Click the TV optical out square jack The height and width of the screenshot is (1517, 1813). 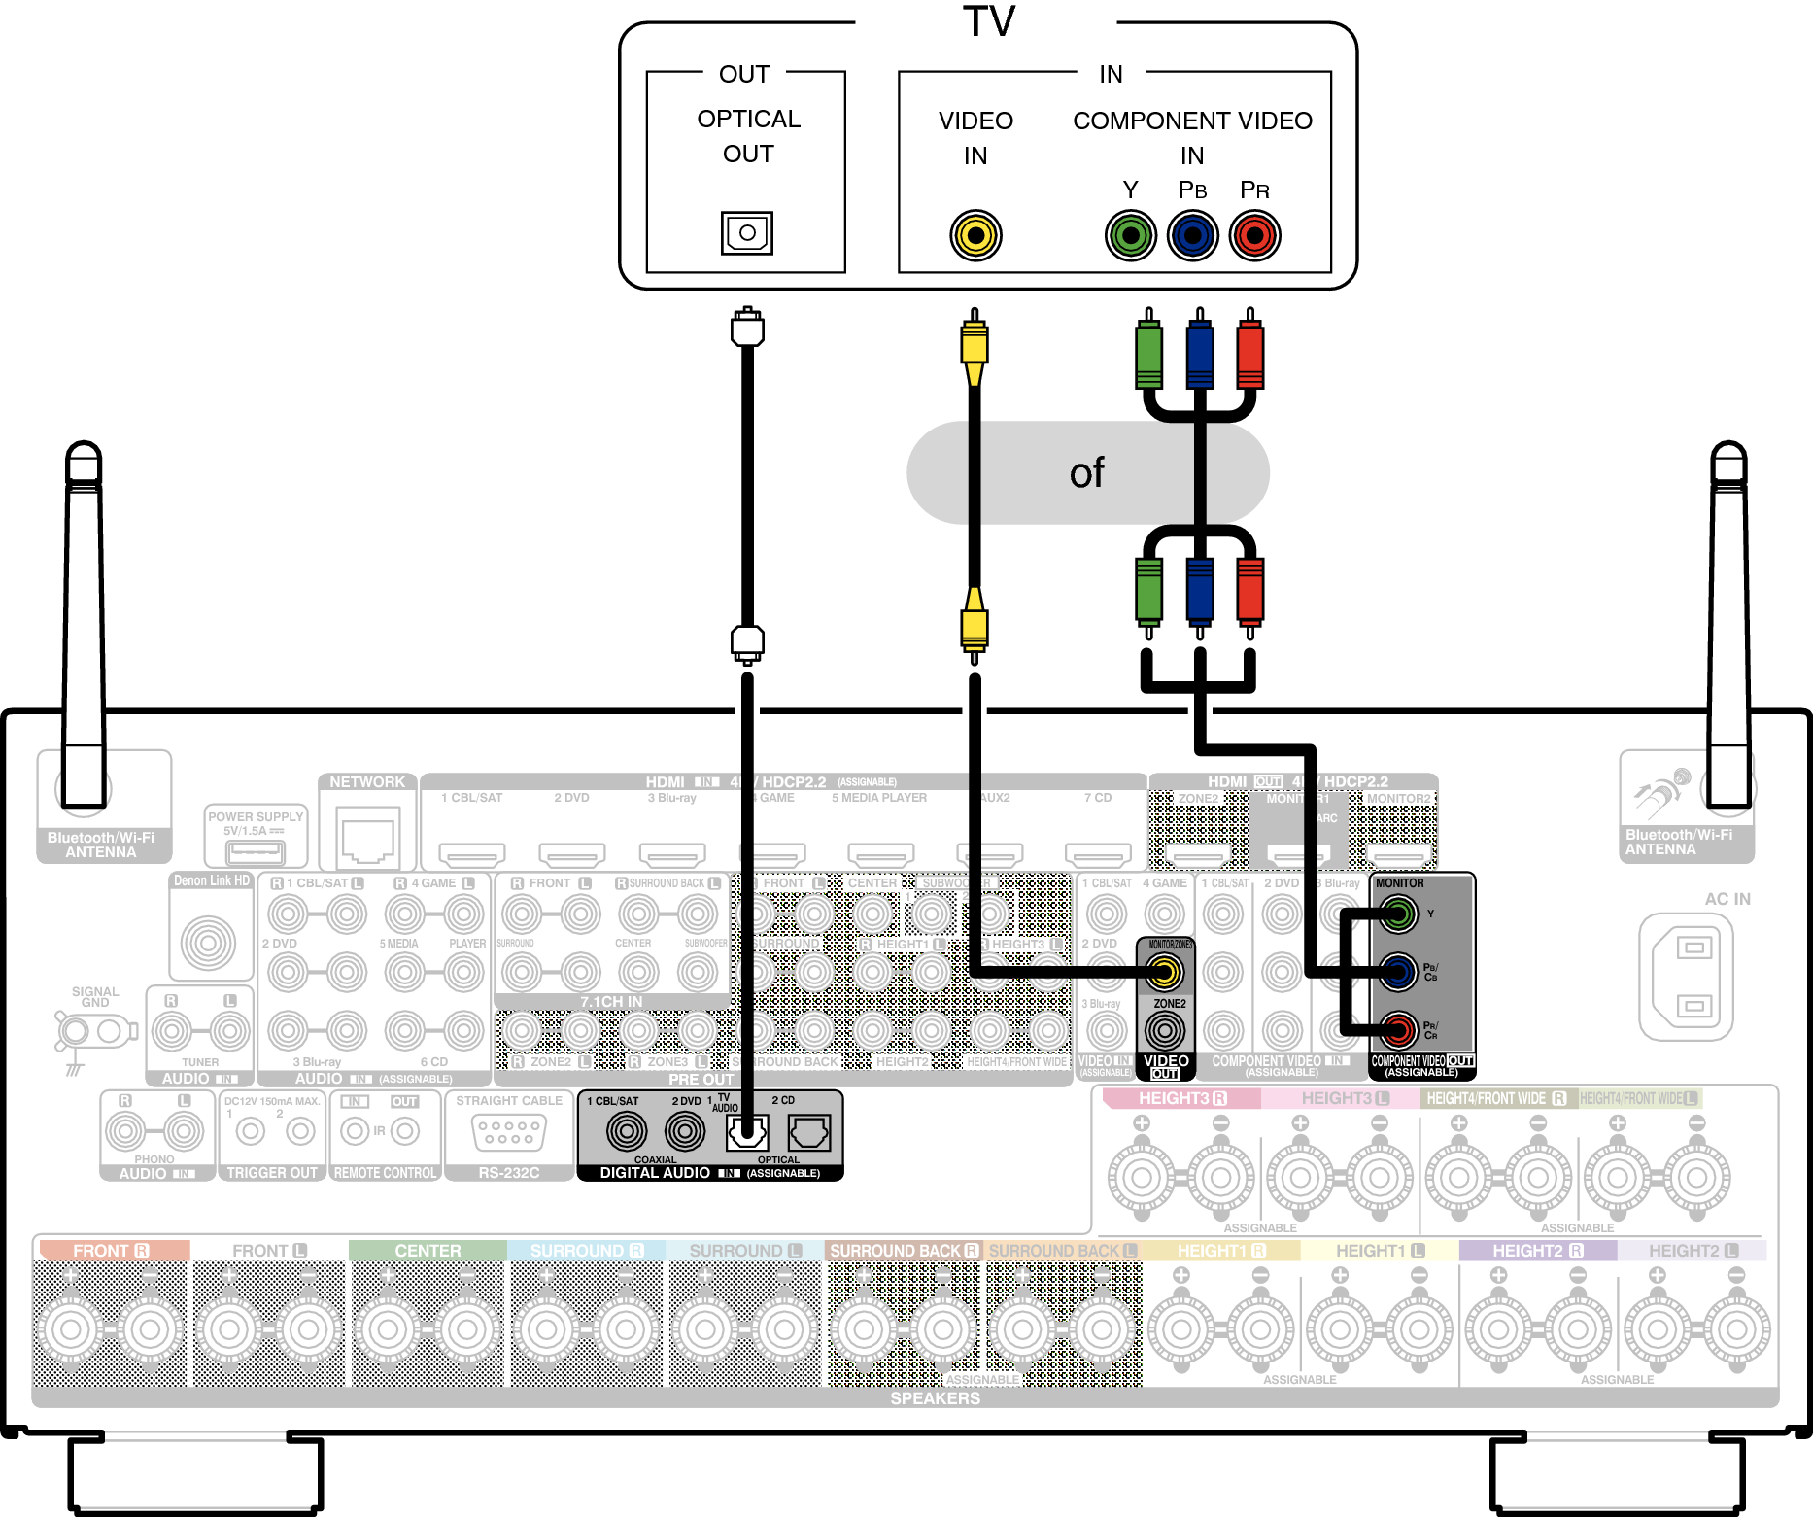[x=746, y=233]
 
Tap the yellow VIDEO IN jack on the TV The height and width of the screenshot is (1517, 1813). [x=975, y=235]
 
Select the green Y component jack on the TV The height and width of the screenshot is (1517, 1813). [x=1130, y=235]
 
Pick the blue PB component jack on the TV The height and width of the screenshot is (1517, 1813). [x=1192, y=235]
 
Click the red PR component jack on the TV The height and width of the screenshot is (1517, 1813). [x=1254, y=235]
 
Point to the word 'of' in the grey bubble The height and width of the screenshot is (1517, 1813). [x=1086, y=473]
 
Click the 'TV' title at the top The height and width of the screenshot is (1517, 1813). [x=988, y=21]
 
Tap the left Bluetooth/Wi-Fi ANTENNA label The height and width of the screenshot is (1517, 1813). [x=101, y=845]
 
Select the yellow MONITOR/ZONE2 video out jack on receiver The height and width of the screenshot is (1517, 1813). [x=1164, y=971]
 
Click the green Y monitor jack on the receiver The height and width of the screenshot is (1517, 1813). [x=1397, y=914]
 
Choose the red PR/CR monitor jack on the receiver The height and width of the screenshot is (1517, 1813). [x=1397, y=1028]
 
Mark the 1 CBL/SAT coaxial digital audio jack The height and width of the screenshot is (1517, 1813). [x=627, y=1130]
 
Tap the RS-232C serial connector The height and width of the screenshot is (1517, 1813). [x=508, y=1132]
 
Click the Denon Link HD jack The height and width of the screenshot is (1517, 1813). [x=208, y=942]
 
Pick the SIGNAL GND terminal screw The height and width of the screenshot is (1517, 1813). [x=73, y=1030]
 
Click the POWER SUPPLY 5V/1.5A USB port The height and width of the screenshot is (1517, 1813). [x=255, y=852]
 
